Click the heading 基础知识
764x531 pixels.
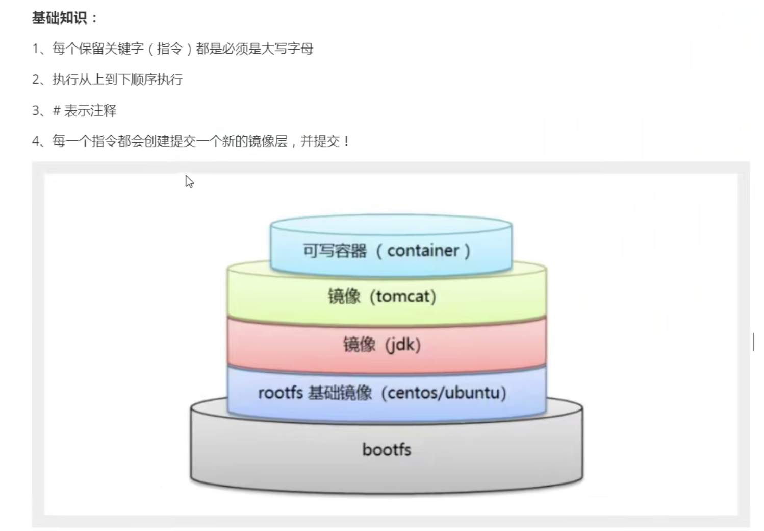59,18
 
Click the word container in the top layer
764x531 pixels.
423,251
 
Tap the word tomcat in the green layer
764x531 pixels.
403,297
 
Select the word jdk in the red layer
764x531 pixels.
403,345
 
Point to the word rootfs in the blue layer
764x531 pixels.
281,393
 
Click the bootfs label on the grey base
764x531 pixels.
387,450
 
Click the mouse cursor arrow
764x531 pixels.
189,182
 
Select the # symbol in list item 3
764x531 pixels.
57,111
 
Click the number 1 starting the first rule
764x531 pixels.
35,49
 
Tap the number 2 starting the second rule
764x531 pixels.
36,80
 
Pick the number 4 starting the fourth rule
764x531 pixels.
36,141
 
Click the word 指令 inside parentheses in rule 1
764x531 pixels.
169,49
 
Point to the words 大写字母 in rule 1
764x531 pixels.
287,49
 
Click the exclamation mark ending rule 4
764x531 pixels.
346,141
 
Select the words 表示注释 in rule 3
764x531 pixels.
90,111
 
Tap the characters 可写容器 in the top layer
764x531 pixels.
335,251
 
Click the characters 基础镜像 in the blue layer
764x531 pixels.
340,393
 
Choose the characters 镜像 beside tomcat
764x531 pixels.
344,297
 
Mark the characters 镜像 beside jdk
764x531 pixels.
359,345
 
